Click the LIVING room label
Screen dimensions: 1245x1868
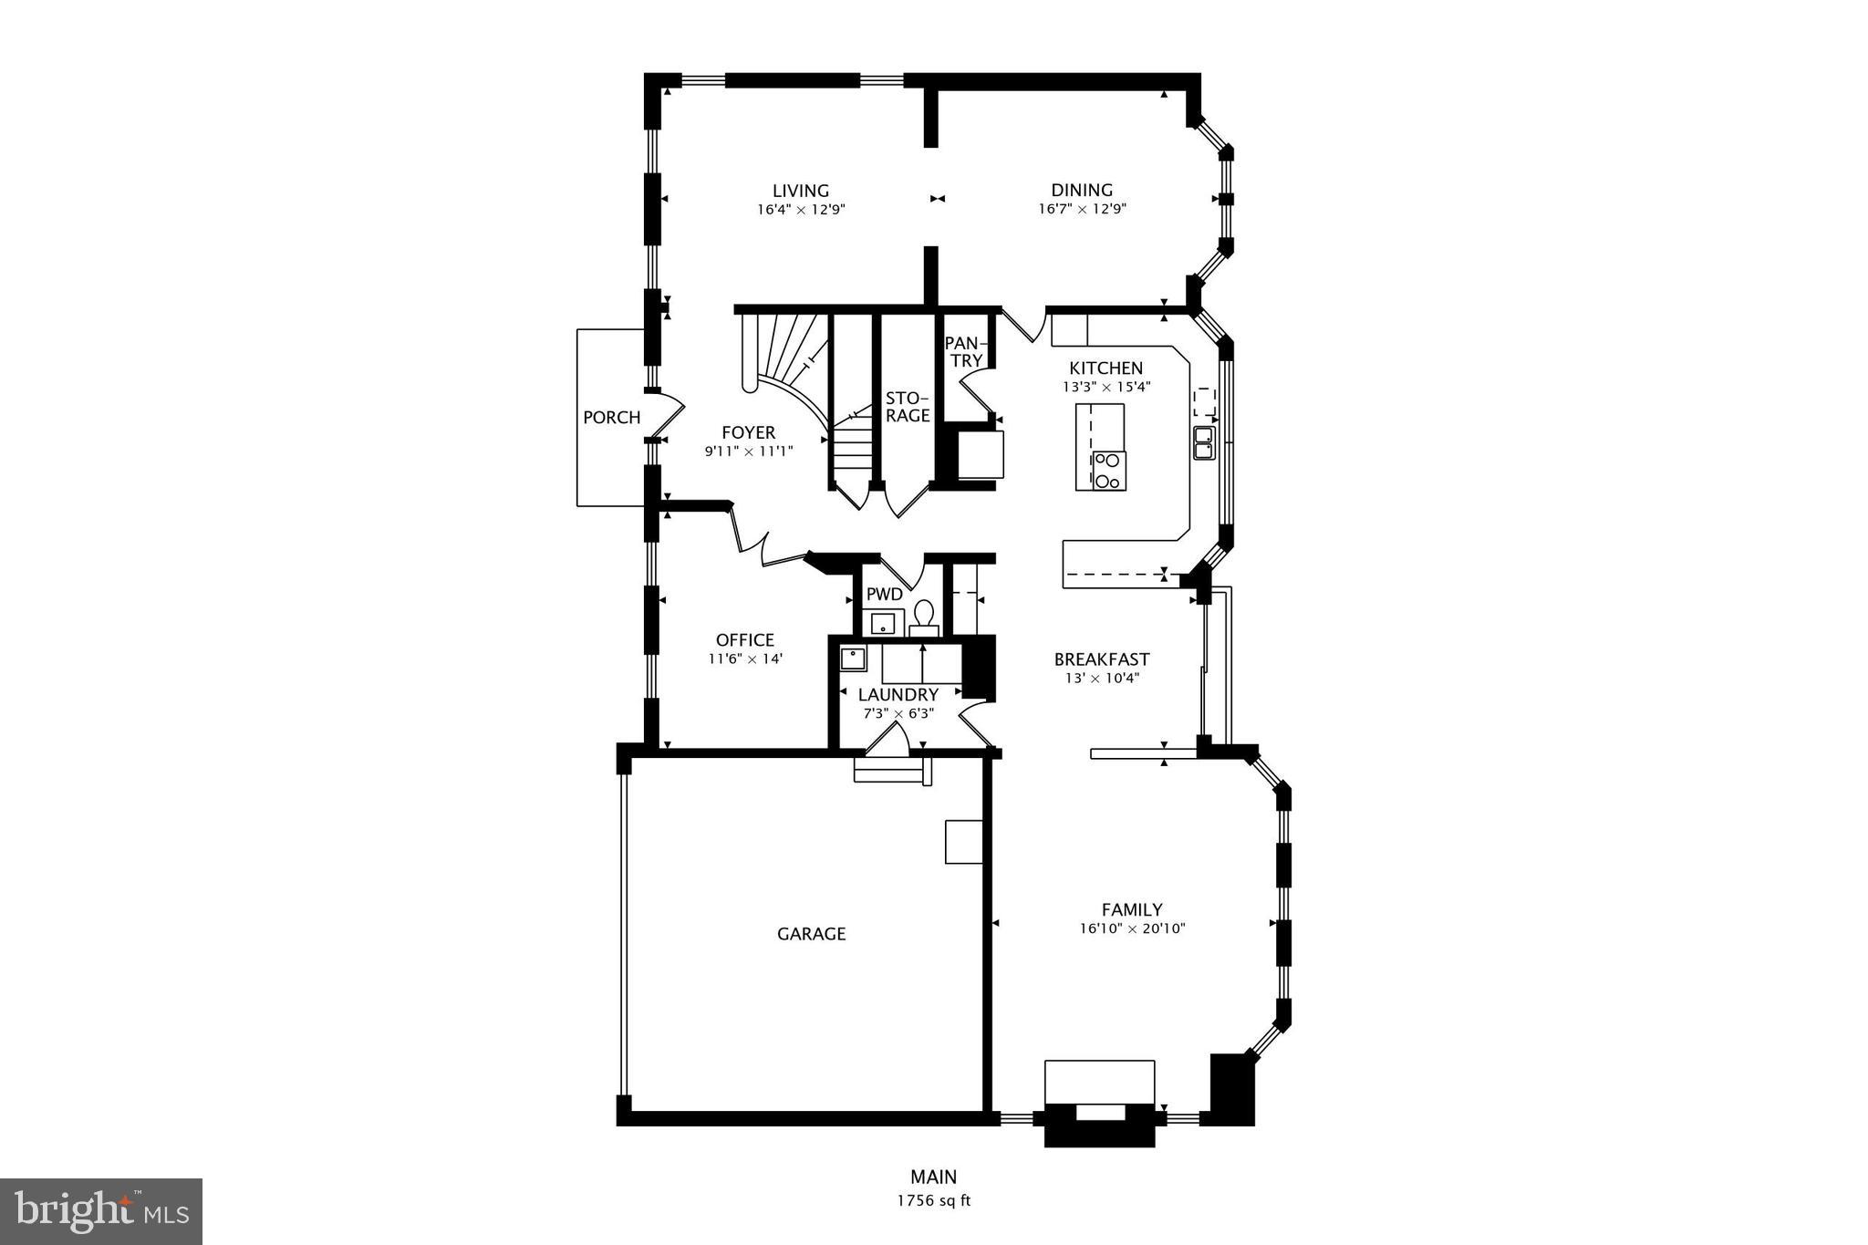point(800,191)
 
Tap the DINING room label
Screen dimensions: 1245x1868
point(1082,190)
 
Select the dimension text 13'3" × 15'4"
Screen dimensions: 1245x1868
point(1106,387)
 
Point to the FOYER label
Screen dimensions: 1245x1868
point(748,432)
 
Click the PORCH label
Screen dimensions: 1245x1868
point(611,418)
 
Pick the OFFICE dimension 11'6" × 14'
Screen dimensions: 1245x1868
point(745,659)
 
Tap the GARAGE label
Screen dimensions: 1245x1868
point(811,934)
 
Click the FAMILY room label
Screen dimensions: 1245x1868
point(1131,909)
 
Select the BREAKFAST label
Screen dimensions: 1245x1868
point(1101,659)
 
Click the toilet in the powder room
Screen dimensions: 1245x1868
point(924,617)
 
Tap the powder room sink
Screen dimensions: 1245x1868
point(882,624)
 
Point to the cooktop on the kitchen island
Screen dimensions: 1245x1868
point(1108,471)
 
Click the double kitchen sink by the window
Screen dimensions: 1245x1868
point(1204,442)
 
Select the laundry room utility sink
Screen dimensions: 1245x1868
point(853,658)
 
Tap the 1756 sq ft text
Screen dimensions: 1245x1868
point(933,1201)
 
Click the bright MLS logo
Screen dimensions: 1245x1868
point(101,1211)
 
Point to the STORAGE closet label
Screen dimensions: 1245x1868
point(908,407)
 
